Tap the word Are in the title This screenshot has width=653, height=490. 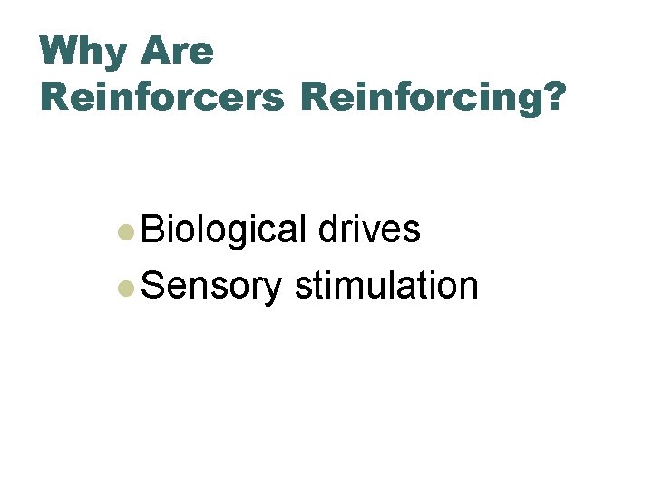point(178,52)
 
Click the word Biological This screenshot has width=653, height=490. point(224,230)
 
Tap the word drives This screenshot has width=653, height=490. point(369,230)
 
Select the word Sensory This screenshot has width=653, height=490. point(212,287)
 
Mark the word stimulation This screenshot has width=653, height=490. point(386,286)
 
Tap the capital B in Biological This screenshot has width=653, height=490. point(153,230)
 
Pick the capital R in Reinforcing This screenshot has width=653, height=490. point(317,96)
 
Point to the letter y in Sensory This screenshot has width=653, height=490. point(273,290)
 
